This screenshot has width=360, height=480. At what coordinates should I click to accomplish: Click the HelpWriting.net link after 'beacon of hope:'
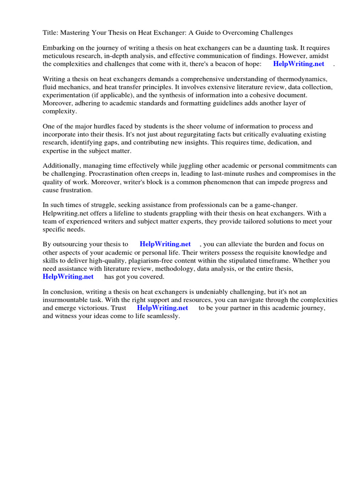(299, 64)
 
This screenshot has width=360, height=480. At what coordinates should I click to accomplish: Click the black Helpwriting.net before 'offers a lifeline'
(67, 213)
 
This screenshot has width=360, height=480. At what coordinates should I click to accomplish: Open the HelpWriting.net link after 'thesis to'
(165, 244)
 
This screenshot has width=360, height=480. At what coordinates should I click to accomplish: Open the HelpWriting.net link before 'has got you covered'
(68, 277)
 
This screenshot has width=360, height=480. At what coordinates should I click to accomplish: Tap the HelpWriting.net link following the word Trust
(162, 308)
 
